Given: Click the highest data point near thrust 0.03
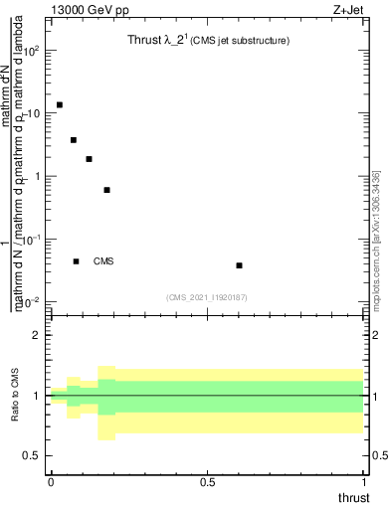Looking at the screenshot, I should point(60,104).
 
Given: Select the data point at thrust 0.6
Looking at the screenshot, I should point(239,265).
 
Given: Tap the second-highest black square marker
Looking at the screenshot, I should point(74,140).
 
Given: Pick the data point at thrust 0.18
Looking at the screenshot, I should point(106,190).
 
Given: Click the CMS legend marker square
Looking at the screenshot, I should point(76,261).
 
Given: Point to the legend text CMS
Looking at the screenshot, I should point(103,261).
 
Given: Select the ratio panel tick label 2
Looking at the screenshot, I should point(37,336).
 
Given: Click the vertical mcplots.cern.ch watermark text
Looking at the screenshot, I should point(376,239).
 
